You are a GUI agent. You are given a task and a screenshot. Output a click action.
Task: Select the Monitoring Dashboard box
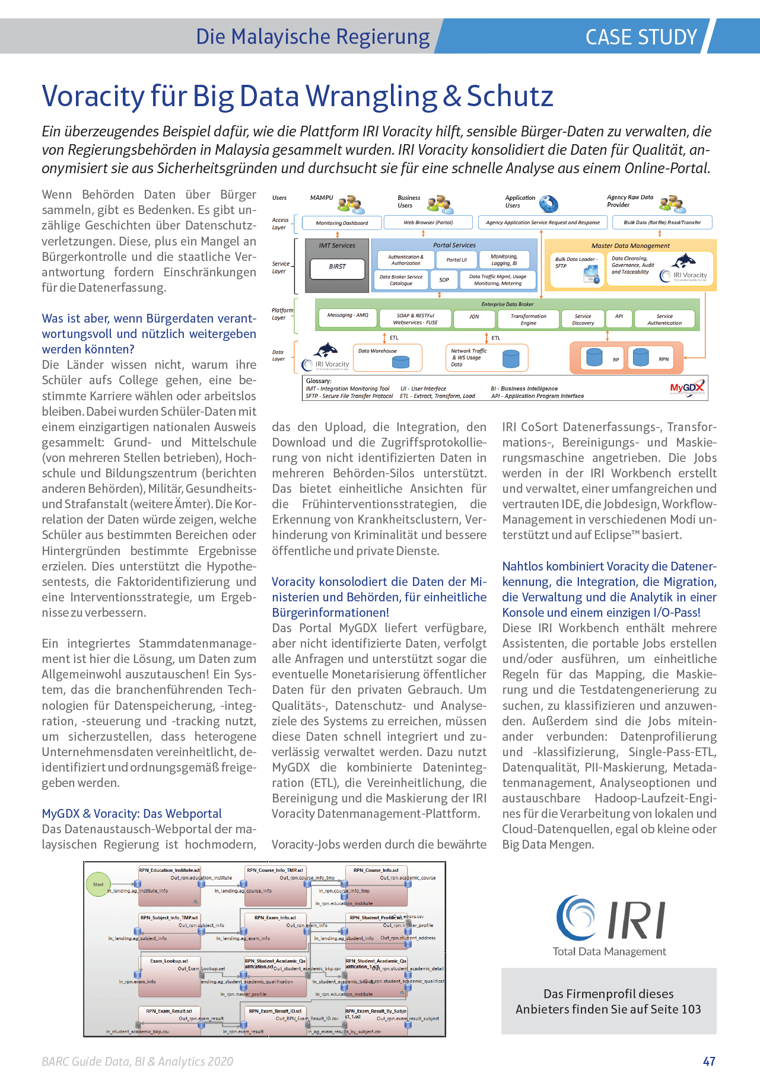click(342, 223)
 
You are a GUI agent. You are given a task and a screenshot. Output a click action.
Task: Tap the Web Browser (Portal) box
click(428, 222)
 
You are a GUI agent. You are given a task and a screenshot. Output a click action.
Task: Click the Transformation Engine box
click(528, 320)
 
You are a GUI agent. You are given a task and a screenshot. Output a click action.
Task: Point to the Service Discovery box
click(583, 320)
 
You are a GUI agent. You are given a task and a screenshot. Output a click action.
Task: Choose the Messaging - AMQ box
click(348, 316)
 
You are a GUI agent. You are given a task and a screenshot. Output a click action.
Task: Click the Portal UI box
click(456, 260)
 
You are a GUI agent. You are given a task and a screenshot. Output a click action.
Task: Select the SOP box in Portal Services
click(444, 279)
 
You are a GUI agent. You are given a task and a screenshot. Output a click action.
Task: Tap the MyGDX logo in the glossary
click(687, 388)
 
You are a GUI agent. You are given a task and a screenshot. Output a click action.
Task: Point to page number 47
click(709, 1061)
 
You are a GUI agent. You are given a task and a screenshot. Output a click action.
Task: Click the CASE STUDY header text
click(641, 37)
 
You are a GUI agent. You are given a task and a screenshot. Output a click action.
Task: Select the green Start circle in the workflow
click(98, 884)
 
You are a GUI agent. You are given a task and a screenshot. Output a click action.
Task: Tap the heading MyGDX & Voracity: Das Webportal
click(132, 814)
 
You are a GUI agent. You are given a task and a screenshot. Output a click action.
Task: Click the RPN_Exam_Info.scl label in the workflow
click(275, 917)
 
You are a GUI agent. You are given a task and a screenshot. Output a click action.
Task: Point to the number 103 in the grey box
click(691, 1009)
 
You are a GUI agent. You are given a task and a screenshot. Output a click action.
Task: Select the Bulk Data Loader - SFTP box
click(575, 270)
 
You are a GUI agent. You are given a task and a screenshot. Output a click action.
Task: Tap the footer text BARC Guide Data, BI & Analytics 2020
click(138, 1061)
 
